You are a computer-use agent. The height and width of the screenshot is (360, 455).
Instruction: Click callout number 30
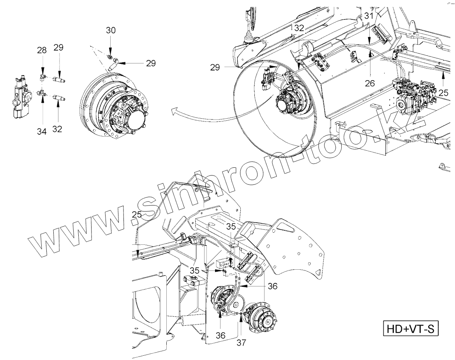111,31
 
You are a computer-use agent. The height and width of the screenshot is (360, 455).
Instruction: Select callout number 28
42,50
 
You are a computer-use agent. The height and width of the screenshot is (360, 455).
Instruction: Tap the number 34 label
42,132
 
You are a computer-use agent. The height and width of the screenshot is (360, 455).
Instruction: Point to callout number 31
369,16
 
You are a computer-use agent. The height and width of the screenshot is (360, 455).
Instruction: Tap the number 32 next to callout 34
57,129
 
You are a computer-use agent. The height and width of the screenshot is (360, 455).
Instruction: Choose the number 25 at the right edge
443,93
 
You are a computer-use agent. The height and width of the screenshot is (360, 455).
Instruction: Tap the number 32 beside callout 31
299,28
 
